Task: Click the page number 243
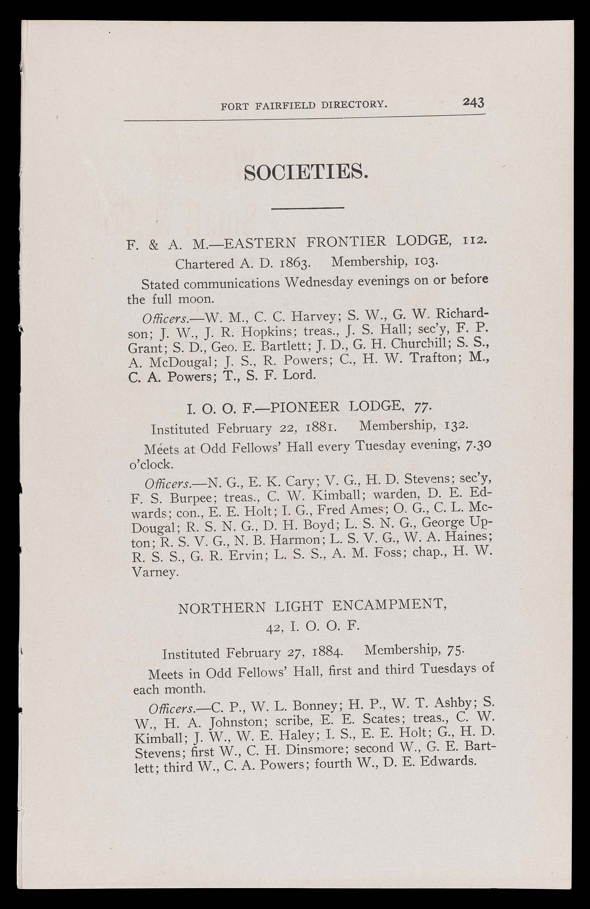[473, 102]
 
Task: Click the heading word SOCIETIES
[306, 172]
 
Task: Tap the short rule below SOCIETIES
[308, 207]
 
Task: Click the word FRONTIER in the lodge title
[346, 241]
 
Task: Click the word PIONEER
[305, 406]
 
